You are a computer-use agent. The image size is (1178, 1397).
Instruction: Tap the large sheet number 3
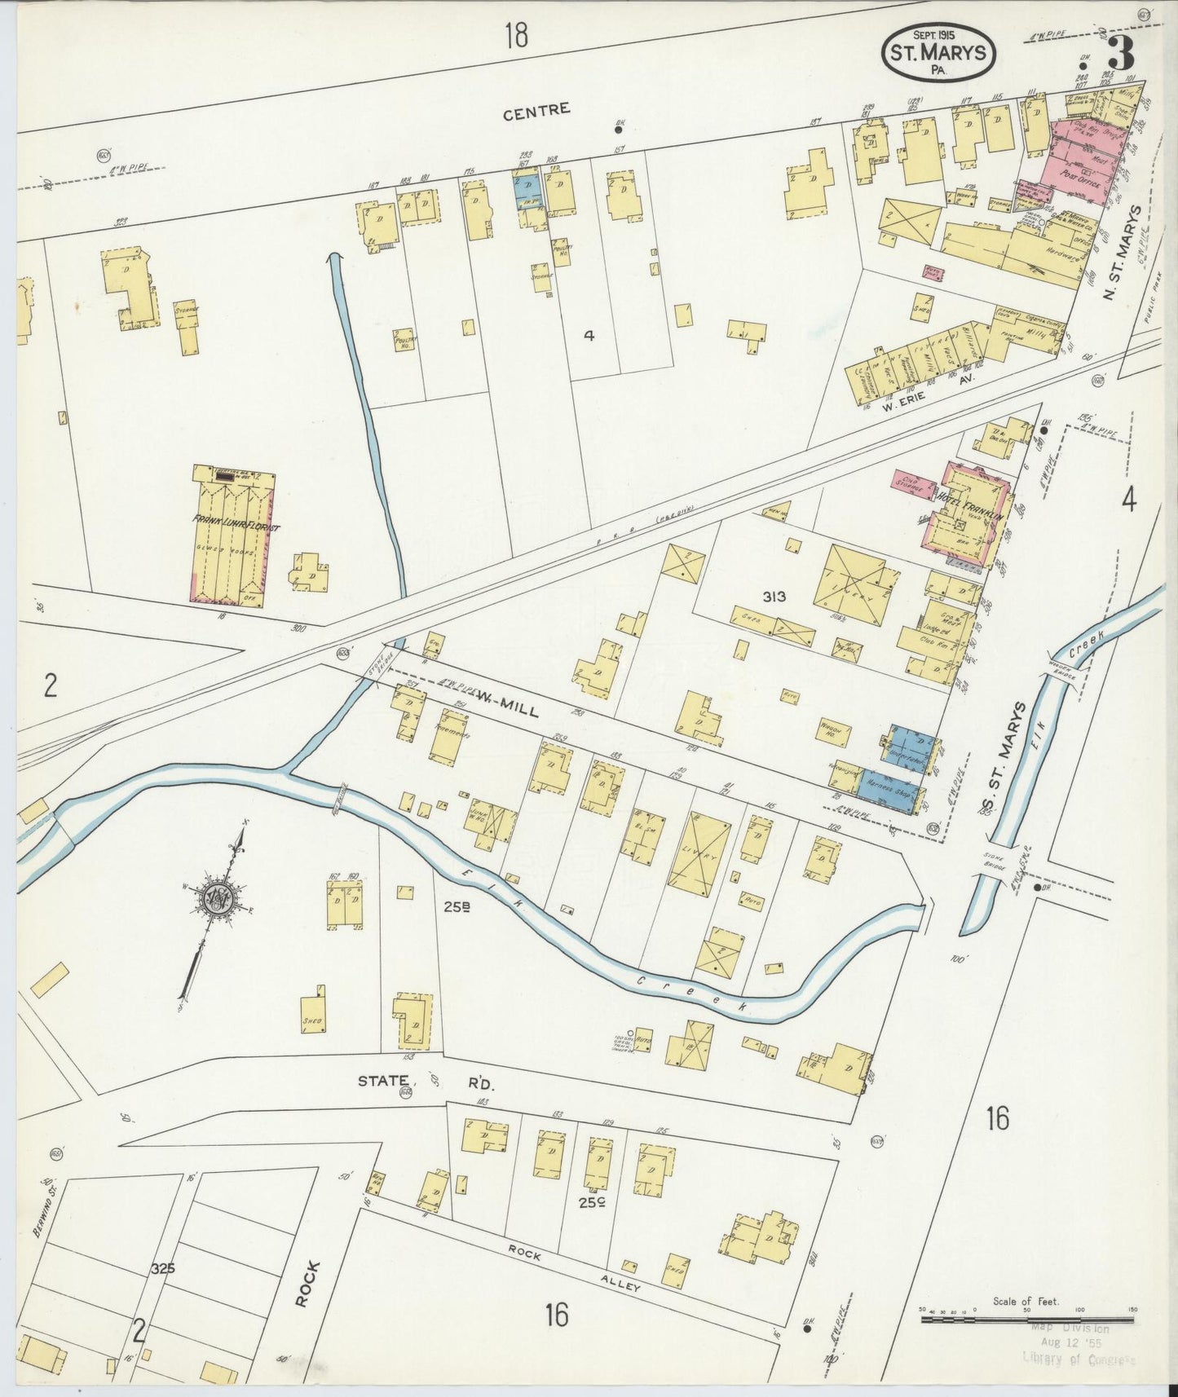coord(1122,54)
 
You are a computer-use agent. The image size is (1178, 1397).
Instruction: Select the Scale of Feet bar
coord(1027,1319)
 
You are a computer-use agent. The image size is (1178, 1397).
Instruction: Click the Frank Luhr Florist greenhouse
coord(232,534)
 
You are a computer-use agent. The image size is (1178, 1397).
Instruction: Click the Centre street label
coord(536,111)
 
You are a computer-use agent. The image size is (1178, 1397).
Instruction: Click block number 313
coord(774,596)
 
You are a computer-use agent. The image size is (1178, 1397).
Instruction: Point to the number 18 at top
coord(515,35)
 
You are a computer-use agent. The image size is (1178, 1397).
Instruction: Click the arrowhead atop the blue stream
coord(333,259)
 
